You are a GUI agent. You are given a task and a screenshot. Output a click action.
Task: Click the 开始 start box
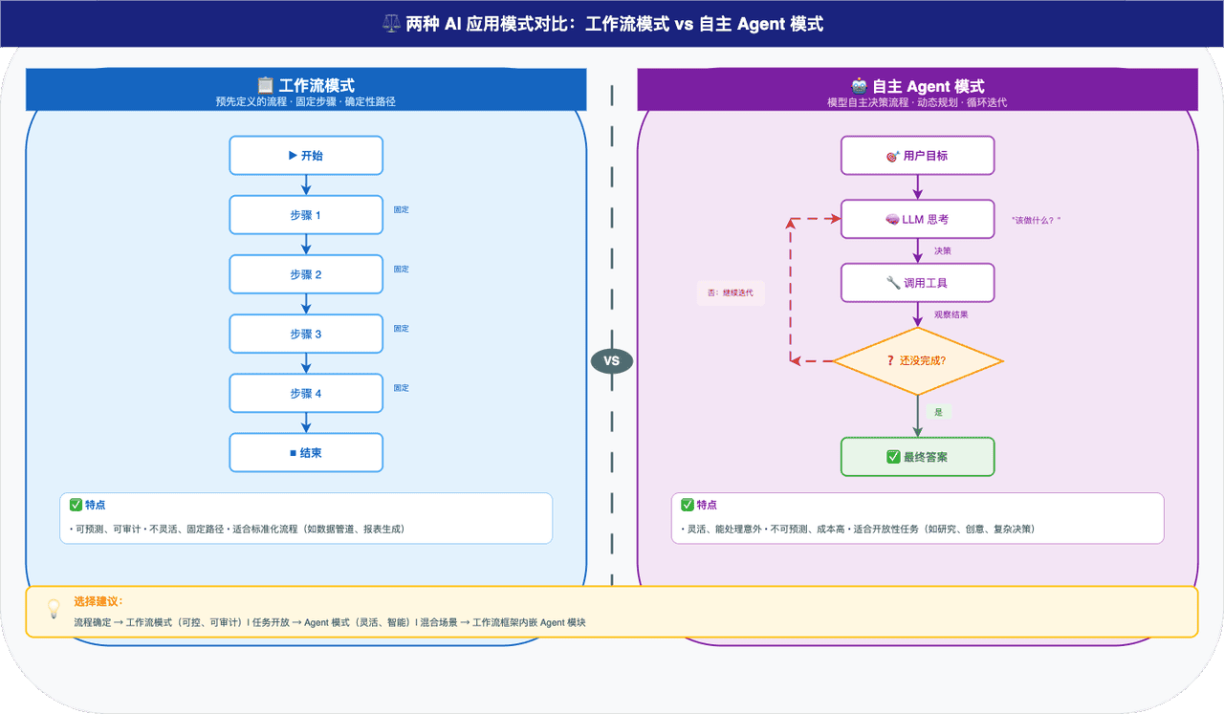306,156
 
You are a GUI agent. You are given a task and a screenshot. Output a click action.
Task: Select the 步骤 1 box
306,215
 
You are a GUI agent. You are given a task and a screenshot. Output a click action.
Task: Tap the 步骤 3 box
306,334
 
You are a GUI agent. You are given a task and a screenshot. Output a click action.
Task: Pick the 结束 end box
306,453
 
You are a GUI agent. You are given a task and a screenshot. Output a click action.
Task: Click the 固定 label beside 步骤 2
401,269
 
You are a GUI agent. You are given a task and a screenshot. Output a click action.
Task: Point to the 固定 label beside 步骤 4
401,388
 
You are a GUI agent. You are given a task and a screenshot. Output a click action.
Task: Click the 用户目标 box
917,156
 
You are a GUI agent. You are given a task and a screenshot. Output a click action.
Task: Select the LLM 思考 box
917,219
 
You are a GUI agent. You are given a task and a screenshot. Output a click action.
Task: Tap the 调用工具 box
917,283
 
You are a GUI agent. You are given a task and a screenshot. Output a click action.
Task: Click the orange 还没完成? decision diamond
917,361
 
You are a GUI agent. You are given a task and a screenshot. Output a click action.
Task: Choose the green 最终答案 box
917,457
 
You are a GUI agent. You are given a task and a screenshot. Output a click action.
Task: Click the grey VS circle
612,361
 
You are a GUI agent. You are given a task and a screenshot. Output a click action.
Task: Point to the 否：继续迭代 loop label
731,292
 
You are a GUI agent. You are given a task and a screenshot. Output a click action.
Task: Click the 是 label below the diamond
939,412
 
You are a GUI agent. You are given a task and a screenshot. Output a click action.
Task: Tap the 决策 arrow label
943,250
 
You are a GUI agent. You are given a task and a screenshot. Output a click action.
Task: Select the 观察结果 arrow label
951,314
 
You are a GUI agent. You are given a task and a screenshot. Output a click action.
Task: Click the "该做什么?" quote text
1036,220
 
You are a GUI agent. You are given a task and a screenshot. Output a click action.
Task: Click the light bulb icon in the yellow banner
54,609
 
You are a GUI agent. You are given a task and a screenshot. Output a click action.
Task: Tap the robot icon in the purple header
859,86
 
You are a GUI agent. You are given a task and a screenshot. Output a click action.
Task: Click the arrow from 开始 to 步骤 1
306,185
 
